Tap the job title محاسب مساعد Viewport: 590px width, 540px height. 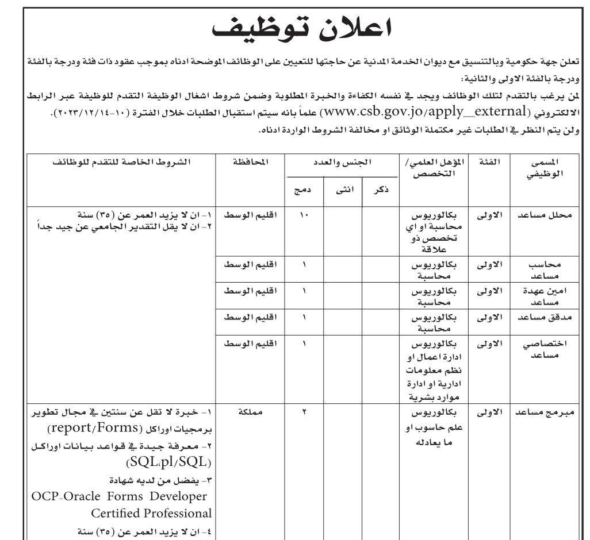coord(547,271)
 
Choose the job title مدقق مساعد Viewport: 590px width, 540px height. coord(546,318)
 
